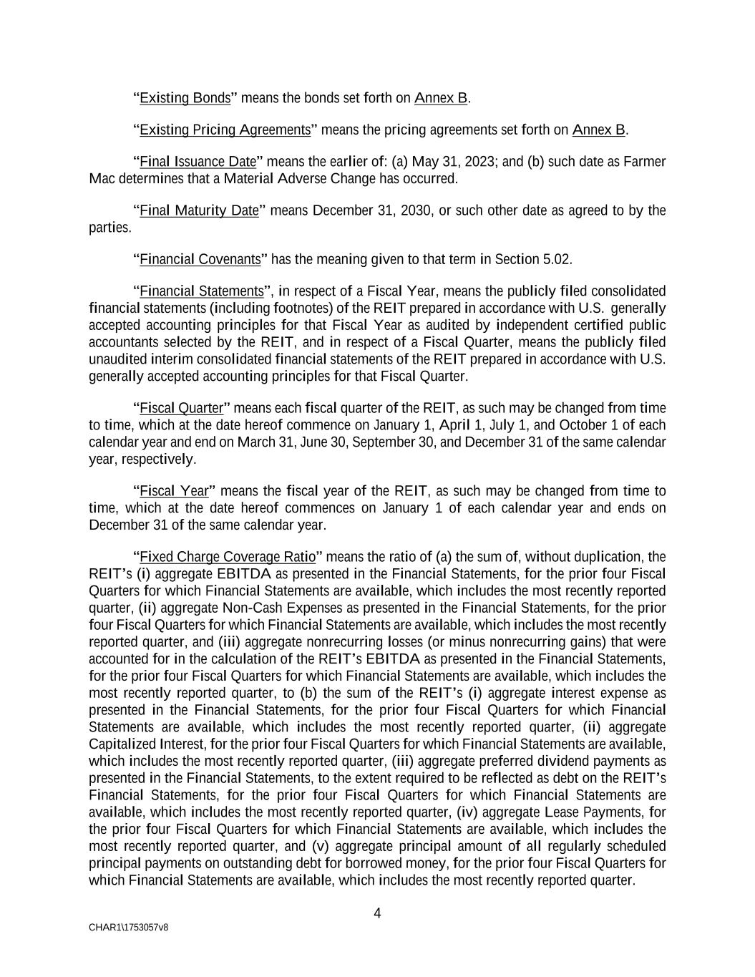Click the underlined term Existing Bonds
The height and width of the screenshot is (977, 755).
tap(185, 98)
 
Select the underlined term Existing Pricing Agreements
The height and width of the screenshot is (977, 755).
tap(225, 130)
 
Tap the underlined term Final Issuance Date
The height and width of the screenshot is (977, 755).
tap(198, 162)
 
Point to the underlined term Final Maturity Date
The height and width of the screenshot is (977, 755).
tap(198, 210)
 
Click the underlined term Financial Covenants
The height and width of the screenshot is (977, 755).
tap(200, 259)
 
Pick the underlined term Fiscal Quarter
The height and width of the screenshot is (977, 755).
tap(181, 409)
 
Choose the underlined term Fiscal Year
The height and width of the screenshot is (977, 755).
tap(173, 491)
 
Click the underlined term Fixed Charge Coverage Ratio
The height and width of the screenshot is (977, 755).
tap(227, 557)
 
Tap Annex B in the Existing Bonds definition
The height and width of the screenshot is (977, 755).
tap(441, 98)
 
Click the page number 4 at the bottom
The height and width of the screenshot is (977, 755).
tap(377, 913)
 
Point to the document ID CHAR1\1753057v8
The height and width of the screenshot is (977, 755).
tap(129, 928)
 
